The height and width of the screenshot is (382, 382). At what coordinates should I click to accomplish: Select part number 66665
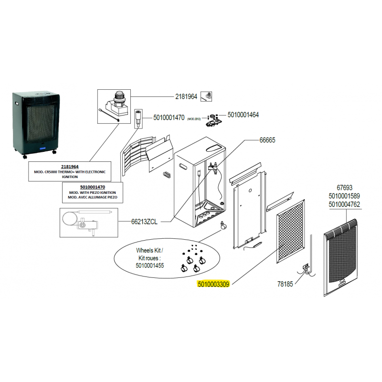(267, 140)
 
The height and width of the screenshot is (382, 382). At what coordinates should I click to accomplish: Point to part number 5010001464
(243, 115)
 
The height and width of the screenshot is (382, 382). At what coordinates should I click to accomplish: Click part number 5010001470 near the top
(169, 117)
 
